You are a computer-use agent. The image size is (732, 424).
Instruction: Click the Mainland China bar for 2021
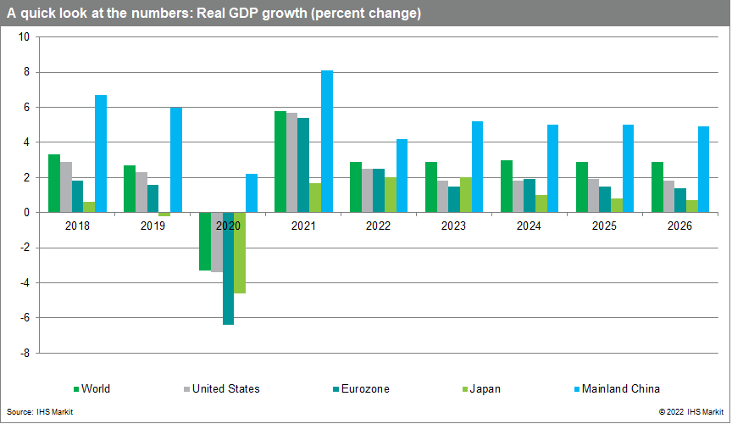[327, 142]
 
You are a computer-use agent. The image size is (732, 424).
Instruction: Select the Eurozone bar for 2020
[228, 268]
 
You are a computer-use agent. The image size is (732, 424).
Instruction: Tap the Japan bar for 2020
[240, 253]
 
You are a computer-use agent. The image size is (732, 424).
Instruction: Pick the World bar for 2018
[54, 183]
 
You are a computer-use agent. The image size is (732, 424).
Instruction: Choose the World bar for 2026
[657, 187]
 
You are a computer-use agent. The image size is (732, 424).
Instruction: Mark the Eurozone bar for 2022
[379, 191]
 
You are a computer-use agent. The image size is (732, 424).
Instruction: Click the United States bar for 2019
[141, 192]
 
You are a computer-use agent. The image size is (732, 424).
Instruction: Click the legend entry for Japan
[481, 389]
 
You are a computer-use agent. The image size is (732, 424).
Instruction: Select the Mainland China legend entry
[618, 389]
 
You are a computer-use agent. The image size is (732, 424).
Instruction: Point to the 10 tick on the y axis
[24, 37]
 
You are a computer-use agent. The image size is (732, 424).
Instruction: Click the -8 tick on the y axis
[25, 353]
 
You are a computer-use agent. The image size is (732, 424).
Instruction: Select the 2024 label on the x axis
[530, 227]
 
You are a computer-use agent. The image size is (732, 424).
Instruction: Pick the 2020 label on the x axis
[228, 227]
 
